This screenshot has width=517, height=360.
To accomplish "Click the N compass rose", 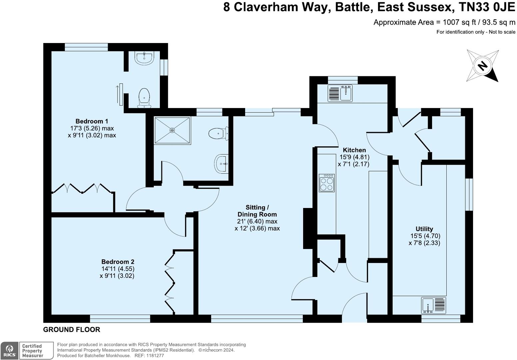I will [482, 66].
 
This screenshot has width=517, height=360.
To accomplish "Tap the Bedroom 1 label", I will [92, 121].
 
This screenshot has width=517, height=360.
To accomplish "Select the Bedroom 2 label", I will [118, 262].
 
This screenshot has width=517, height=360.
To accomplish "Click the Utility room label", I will [424, 229].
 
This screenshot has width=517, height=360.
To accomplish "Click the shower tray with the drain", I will [172, 130].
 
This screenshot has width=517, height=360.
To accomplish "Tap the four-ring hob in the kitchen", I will [327, 183].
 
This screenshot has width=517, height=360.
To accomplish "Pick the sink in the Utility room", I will [428, 305].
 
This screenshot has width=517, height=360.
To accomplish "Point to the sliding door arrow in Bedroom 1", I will [117, 95].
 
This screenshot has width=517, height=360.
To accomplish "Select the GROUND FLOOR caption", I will [72, 330].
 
